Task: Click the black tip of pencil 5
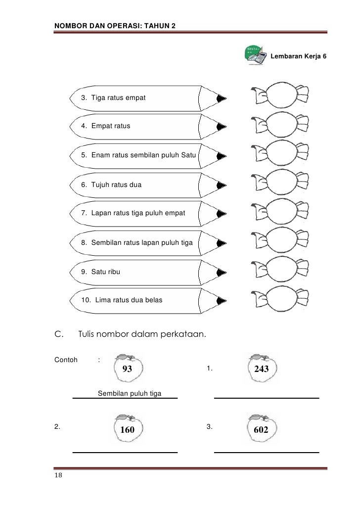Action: tap(222, 156)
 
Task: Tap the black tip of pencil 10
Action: tap(222, 300)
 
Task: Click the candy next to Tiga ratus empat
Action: tap(280, 95)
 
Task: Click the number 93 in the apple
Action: tap(127, 369)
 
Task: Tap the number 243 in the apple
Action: tap(262, 370)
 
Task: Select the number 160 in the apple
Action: tap(128, 430)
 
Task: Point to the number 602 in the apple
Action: tap(261, 430)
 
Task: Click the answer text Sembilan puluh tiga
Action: tap(131, 394)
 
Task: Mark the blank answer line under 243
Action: tap(266, 397)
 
